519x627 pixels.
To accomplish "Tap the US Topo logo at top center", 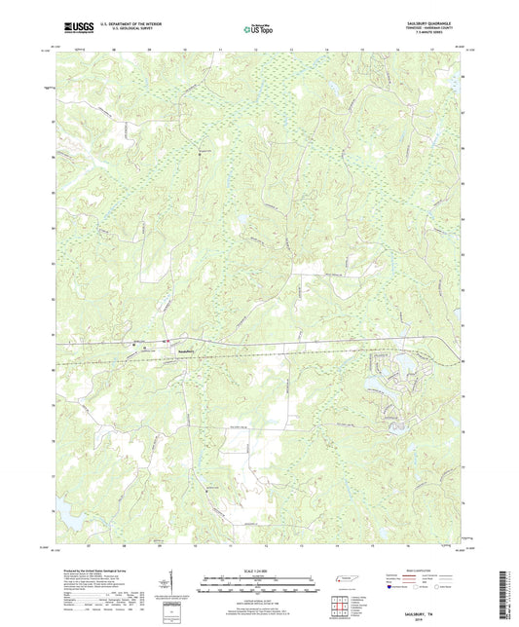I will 259,29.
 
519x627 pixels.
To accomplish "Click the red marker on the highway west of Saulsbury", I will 132,343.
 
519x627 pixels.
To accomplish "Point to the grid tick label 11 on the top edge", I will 220,46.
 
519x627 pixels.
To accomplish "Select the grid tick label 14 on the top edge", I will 325,46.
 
